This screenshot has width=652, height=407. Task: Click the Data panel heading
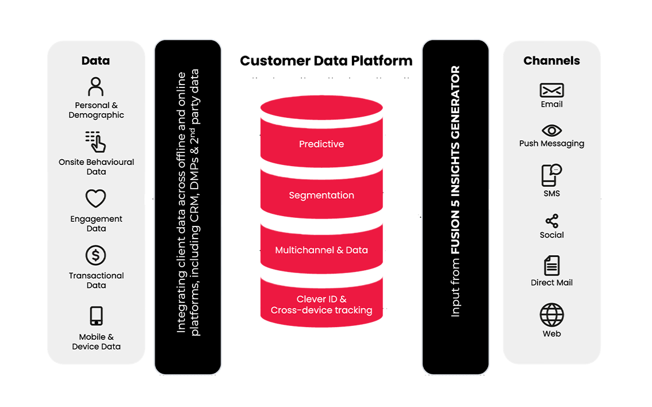point(95,61)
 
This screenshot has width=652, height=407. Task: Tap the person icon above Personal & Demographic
point(96,87)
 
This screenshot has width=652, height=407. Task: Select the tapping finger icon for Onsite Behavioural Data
point(95,142)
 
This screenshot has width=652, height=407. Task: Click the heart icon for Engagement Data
point(96,199)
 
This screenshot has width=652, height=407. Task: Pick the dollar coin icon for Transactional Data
point(96,255)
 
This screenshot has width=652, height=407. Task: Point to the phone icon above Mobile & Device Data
point(96,316)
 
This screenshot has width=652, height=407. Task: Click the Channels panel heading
point(551,61)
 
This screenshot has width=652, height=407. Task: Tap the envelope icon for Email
point(551,90)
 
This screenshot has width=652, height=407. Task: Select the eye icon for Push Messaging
point(551,130)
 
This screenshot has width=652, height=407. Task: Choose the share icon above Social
point(551,221)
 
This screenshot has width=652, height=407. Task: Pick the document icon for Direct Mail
point(551,266)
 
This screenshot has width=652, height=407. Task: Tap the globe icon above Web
point(551,315)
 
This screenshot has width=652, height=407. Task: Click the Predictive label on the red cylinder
point(321,144)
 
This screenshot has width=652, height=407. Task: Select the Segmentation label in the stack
point(321,195)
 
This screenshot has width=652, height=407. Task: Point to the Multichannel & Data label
point(321,251)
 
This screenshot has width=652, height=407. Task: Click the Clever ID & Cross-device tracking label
point(321,305)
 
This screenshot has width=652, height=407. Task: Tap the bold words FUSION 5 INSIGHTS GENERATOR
point(455,160)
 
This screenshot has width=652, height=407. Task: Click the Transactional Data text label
point(96,281)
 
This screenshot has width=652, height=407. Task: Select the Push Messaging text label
point(551,144)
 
